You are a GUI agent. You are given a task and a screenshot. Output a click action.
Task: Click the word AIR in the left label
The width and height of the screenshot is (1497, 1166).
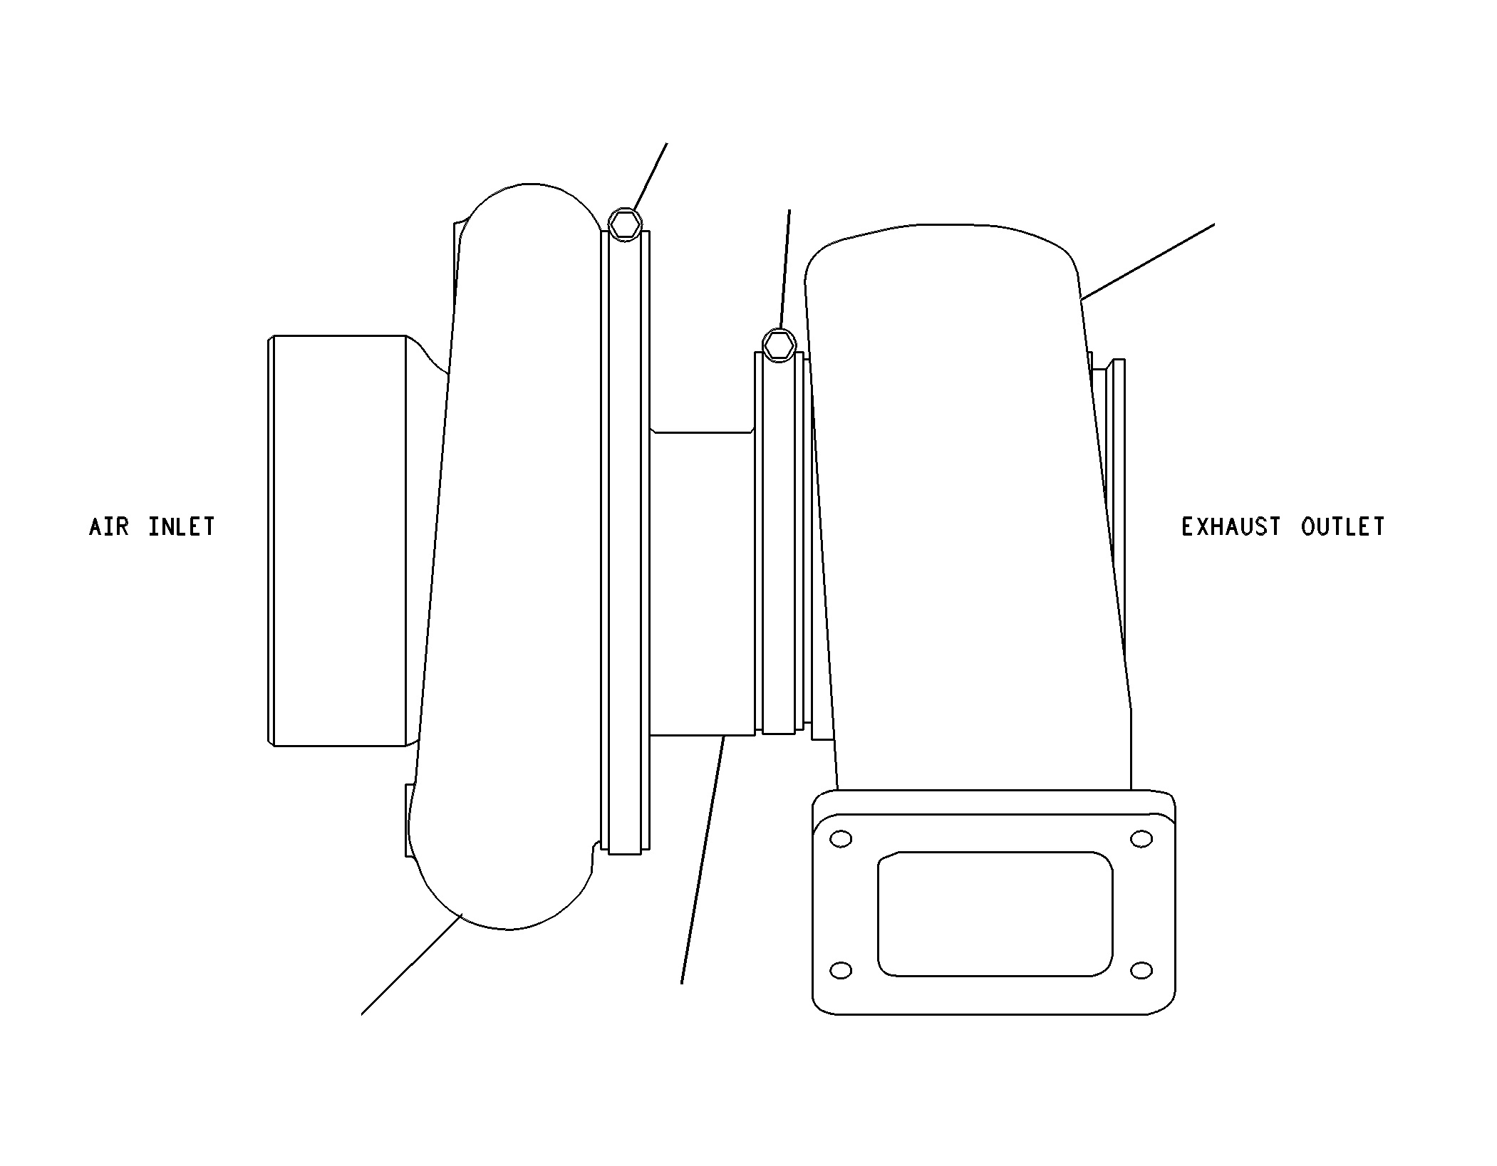[109, 527]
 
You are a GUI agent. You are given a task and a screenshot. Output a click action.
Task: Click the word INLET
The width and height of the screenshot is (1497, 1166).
[182, 527]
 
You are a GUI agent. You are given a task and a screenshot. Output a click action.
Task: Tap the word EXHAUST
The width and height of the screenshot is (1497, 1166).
[1231, 527]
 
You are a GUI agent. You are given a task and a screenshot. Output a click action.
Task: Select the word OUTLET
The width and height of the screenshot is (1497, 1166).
[1343, 527]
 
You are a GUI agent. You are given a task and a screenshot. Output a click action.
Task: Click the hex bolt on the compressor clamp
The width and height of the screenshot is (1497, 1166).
[625, 224]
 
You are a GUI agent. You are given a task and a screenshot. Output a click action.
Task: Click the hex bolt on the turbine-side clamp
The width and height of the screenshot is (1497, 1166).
[779, 345]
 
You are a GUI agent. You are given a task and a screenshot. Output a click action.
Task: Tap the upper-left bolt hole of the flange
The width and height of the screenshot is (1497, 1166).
[841, 838]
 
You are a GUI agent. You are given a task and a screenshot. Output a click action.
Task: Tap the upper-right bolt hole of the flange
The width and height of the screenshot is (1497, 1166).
[1141, 838]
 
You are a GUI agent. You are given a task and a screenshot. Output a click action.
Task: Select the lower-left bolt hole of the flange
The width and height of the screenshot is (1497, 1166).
[841, 970]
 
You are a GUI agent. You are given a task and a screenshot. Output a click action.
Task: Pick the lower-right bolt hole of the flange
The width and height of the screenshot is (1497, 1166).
[1141, 970]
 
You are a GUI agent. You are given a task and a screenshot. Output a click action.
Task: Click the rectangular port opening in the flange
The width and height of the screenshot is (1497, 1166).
[995, 913]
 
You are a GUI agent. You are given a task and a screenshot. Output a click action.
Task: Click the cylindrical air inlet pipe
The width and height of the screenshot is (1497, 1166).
[338, 541]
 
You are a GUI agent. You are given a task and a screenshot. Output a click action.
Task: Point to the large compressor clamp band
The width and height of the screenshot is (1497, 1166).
[626, 541]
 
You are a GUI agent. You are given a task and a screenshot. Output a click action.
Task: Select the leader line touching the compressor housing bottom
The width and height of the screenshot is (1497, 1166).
[412, 964]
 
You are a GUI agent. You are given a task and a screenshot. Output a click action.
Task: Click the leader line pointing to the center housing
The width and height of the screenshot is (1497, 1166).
[703, 860]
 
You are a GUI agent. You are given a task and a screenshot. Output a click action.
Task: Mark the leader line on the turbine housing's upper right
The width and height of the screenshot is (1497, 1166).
[1147, 261]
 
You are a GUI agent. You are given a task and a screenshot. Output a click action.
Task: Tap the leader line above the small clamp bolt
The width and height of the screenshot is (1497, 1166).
[785, 271]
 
